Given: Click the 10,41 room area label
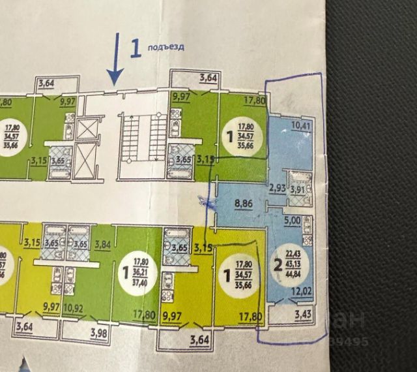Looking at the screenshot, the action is coord(300,125).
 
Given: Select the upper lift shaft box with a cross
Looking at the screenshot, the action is coord(86,128).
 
